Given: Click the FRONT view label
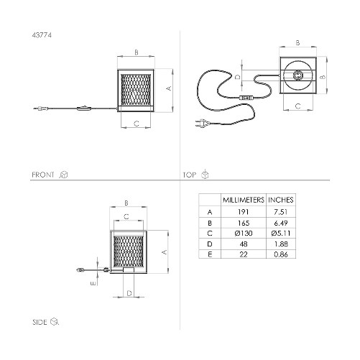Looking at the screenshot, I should [44, 175].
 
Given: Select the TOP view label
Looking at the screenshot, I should [190, 175].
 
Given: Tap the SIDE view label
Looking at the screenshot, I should [41, 321].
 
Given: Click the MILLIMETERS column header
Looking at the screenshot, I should [244, 199].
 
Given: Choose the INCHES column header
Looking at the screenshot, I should [281, 199].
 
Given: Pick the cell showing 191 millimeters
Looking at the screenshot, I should [244, 212].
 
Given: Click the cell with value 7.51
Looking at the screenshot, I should [281, 212].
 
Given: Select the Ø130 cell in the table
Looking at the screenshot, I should [244, 233].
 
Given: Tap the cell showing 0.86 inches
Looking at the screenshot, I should [281, 254].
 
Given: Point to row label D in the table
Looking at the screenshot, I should [210, 244].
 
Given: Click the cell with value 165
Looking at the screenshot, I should [244, 223].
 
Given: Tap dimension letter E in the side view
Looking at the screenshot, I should [93, 284].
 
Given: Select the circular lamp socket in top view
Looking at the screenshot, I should [297, 76].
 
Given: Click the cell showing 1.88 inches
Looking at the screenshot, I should [281, 244].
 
